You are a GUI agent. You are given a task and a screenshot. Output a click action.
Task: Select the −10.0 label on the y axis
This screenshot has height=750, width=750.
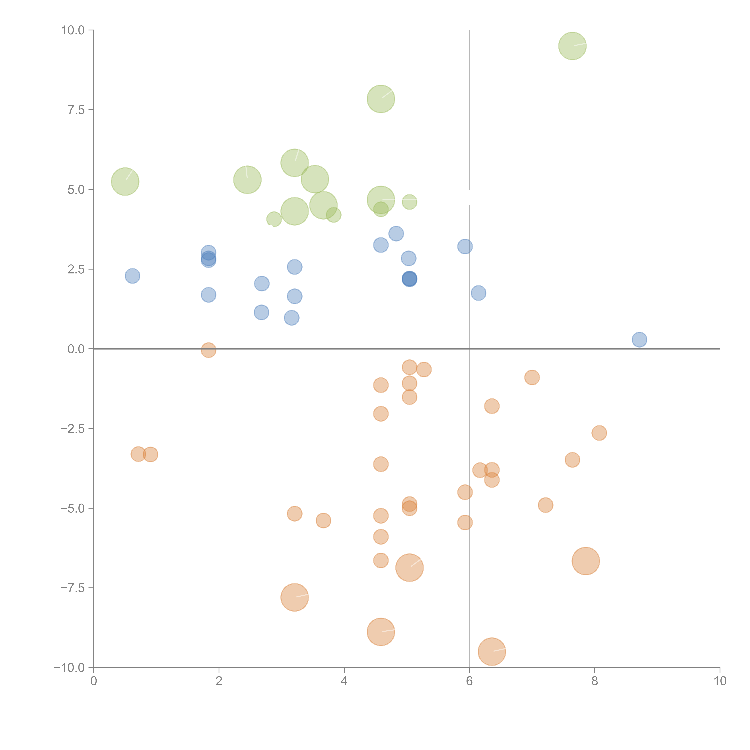coord(69,668)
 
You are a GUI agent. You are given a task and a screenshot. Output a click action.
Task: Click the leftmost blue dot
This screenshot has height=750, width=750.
coord(132,276)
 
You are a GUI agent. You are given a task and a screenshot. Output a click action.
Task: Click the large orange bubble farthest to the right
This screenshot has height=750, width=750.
coord(586,561)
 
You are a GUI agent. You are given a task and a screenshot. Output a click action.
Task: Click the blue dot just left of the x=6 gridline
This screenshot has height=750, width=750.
coord(465,246)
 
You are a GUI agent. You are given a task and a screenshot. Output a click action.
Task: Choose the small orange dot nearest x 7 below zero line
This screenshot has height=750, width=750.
coord(532,377)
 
